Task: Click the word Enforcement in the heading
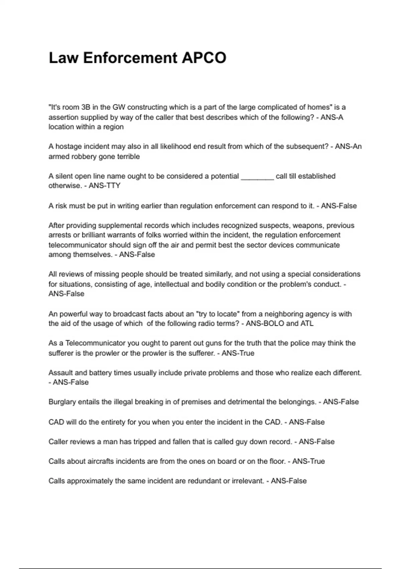130,58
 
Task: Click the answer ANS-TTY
105,186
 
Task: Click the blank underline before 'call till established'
257,176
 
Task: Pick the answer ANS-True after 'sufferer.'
238,353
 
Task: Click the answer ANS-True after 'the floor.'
308,461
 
